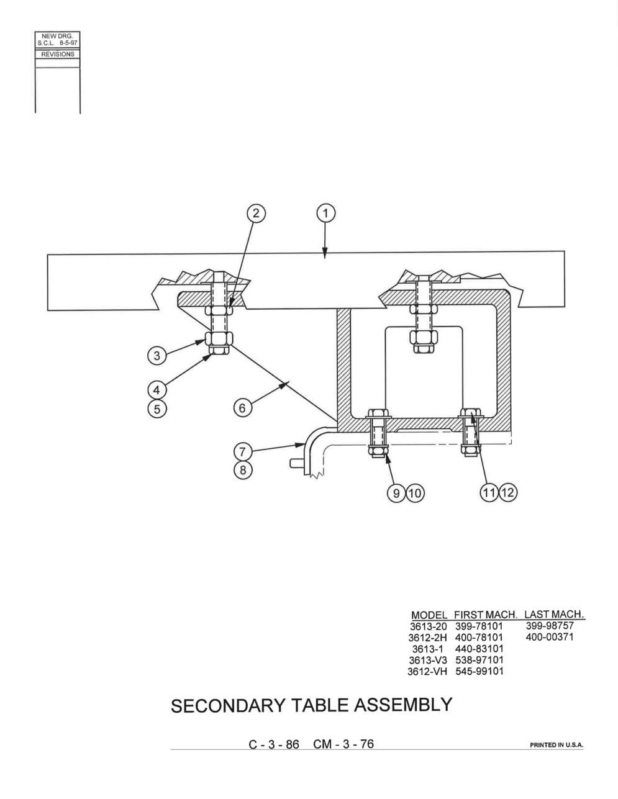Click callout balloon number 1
click(325, 214)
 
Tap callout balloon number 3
click(157, 356)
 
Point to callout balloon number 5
click(157, 409)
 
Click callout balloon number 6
click(243, 408)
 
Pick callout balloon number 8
click(243, 470)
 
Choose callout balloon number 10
click(415, 493)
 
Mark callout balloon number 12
click(507, 492)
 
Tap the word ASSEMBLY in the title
click(403, 705)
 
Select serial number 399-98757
click(550, 625)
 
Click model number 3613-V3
click(428, 660)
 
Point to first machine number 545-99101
click(479, 671)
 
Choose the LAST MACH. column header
click(555, 614)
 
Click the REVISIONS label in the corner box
click(58, 54)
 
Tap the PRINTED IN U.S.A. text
click(557, 746)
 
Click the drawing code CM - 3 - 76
click(343, 744)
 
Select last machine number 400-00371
click(550, 637)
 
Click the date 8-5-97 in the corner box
click(68, 43)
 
